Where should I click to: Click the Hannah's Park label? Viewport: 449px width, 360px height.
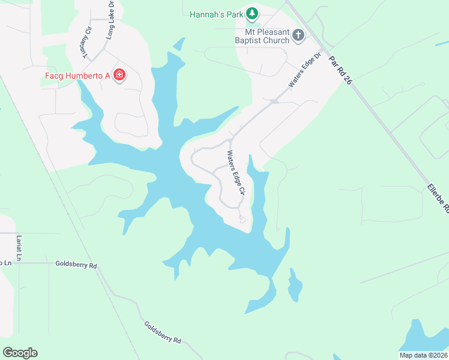pyautogui.click(x=216, y=13)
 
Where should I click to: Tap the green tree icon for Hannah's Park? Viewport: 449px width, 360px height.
pyautogui.click(x=253, y=13)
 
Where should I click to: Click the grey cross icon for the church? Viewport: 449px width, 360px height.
pyautogui.click(x=298, y=36)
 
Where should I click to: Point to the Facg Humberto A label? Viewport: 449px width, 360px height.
pyautogui.click(x=78, y=75)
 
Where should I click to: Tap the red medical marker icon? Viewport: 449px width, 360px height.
pyautogui.click(x=119, y=75)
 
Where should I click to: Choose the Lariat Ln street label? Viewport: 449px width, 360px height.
pyautogui.click(x=19, y=247)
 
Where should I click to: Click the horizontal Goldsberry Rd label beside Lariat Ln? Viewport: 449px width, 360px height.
pyautogui.click(x=76, y=264)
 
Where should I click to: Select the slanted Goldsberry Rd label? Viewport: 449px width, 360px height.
pyautogui.click(x=162, y=332)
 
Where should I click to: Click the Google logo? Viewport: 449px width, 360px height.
pyautogui.click(x=20, y=353)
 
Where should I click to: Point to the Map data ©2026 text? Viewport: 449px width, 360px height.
pyautogui.click(x=423, y=355)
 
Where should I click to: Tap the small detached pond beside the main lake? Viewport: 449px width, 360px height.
pyautogui.click(x=294, y=286)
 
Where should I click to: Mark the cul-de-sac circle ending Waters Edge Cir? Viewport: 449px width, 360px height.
pyautogui.click(x=243, y=220)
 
